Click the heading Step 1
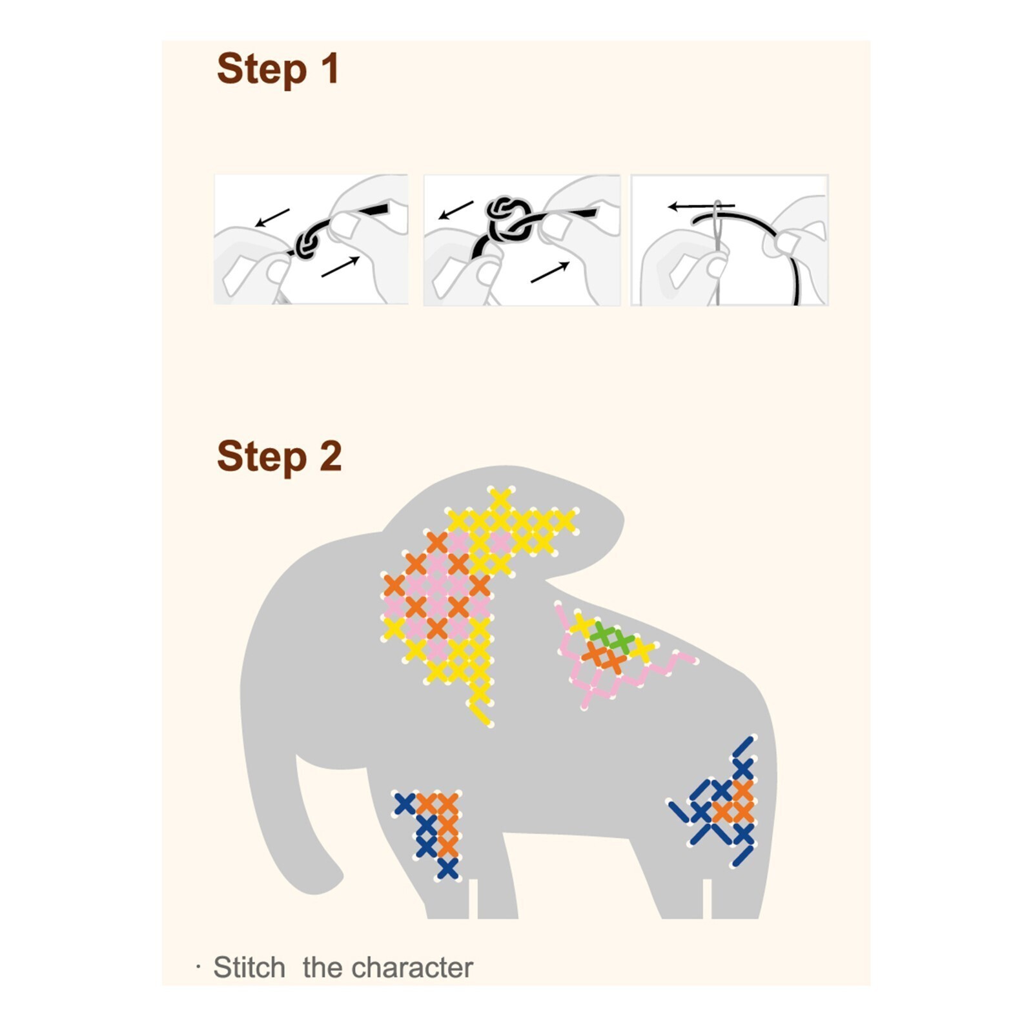(x=278, y=68)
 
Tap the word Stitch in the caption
(x=249, y=967)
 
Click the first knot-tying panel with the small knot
(x=311, y=239)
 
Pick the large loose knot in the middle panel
(x=509, y=216)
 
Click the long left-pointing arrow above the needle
(x=701, y=207)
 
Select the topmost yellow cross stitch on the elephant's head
(x=500, y=499)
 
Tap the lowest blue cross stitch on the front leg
(x=447, y=869)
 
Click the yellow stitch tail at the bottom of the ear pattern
(x=481, y=714)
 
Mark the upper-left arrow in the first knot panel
(x=272, y=218)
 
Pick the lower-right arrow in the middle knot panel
(x=550, y=272)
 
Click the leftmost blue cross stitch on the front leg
(x=405, y=804)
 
